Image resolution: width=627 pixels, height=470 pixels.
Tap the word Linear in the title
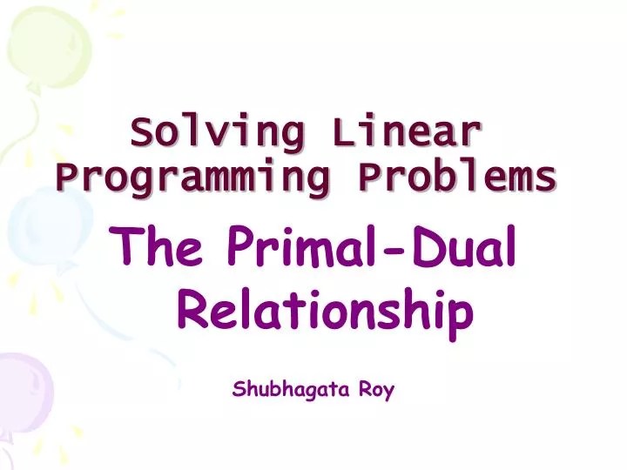pyautogui.click(x=407, y=134)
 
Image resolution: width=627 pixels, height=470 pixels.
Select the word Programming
pyautogui.click(x=192, y=178)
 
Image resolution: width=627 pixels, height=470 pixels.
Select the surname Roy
pyautogui.click(x=378, y=390)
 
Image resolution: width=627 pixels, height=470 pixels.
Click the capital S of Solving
pyautogui.click(x=140, y=134)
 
